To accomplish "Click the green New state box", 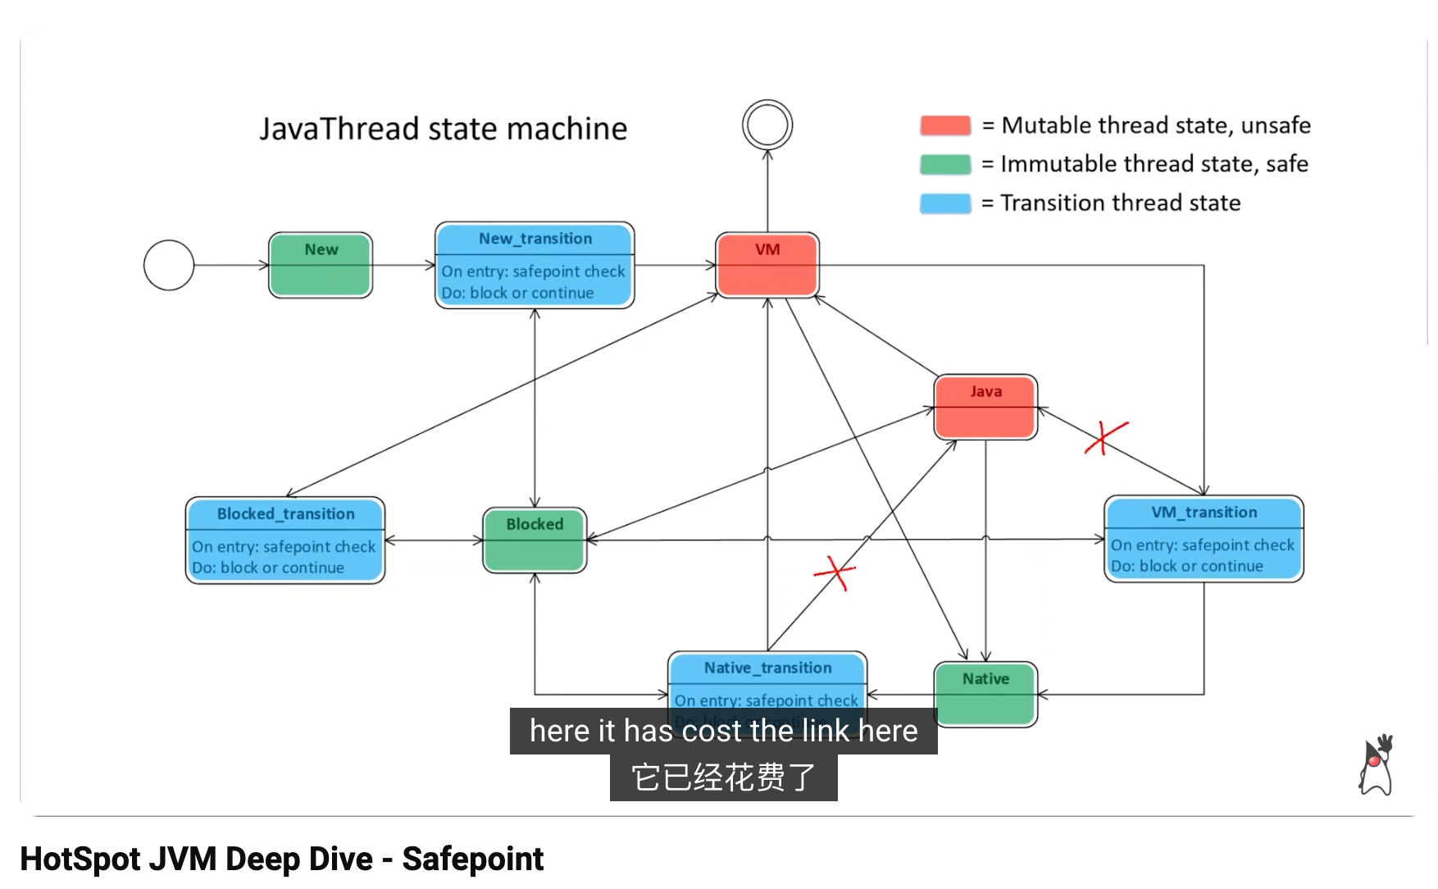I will pyautogui.click(x=321, y=265).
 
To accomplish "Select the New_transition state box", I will pyautogui.click(x=535, y=265).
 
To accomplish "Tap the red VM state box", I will pyautogui.click(x=767, y=264).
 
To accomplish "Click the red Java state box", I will pyautogui.click(x=985, y=407).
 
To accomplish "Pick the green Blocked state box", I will pyautogui.click(x=535, y=540).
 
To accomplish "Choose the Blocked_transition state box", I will pyautogui.click(x=285, y=540).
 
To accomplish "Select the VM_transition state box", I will pyautogui.click(x=1204, y=539).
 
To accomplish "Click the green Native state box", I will pyautogui.click(x=985, y=694).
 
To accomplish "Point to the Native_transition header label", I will pyautogui.click(x=767, y=668).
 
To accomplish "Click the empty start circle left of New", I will pyautogui.click(x=169, y=265).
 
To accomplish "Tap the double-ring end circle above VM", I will pyautogui.click(x=767, y=125).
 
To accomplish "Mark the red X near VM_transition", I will pyautogui.click(x=1105, y=437).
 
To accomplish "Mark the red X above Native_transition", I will pyautogui.click(x=835, y=572).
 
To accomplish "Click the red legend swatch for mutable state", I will pyautogui.click(x=945, y=125).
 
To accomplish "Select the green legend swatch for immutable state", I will pyautogui.click(x=945, y=164).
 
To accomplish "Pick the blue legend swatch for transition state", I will pyautogui.click(x=945, y=203).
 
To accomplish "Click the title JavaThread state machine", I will pyautogui.click(x=444, y=129).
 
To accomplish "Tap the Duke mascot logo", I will pyautogui.click(x=1377, y=765).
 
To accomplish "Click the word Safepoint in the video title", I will pyautogui.click(x=473, y=859).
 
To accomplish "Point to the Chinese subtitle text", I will pyautogui.click(x=723, y=777).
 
